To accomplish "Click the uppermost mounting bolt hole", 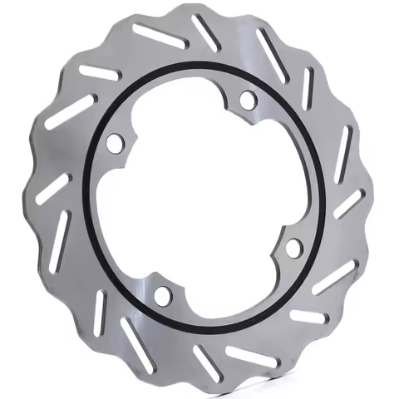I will [247, 100].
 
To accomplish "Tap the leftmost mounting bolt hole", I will [115, 143].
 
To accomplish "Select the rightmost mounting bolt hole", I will [293, 247].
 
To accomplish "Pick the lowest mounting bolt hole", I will [162, 294].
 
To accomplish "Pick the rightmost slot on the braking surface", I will [350, 203].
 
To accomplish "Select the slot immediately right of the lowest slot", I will [249, 357].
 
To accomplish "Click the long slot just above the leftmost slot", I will [68, 112].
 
